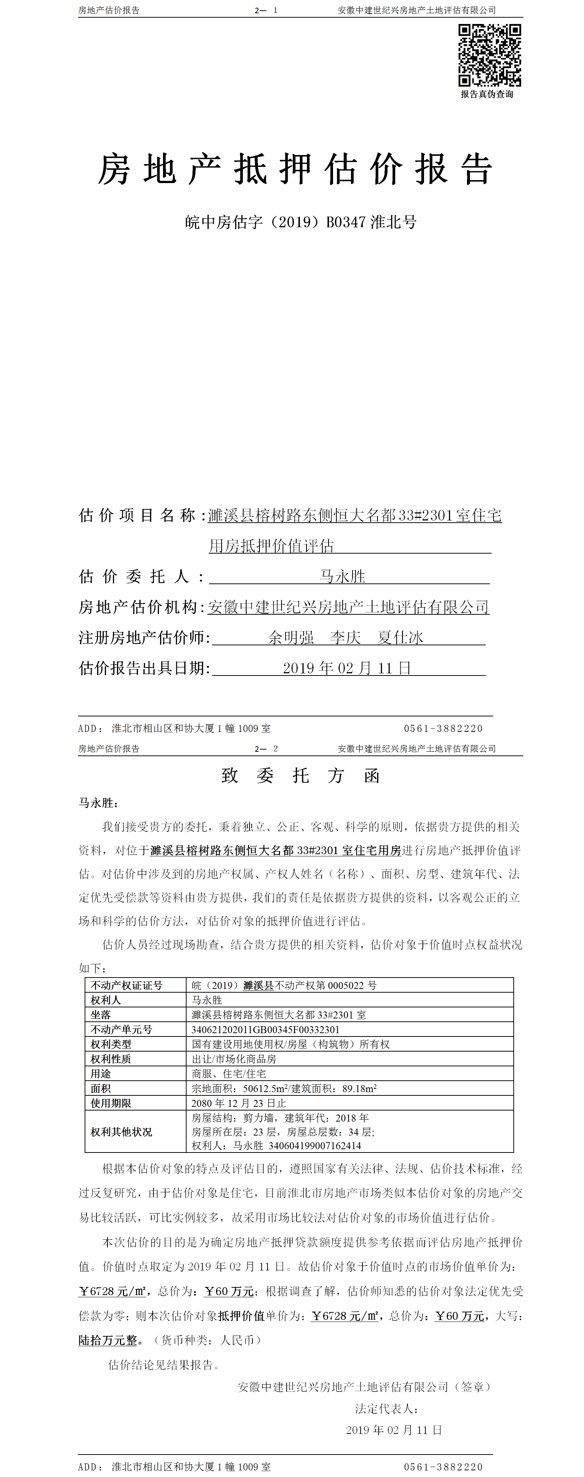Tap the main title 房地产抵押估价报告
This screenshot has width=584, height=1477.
pos(295,170)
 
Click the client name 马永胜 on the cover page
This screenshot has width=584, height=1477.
pos(342,576)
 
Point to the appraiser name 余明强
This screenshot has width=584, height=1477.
pos(291,638)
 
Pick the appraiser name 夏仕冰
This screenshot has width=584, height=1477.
pos(400,638)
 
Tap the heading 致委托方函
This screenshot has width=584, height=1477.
pos(300,776)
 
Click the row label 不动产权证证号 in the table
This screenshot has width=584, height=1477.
pos(126,985)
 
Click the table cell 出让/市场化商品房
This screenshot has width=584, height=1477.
pos(234,1059)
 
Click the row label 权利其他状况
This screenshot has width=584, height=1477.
pos(121,1132)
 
